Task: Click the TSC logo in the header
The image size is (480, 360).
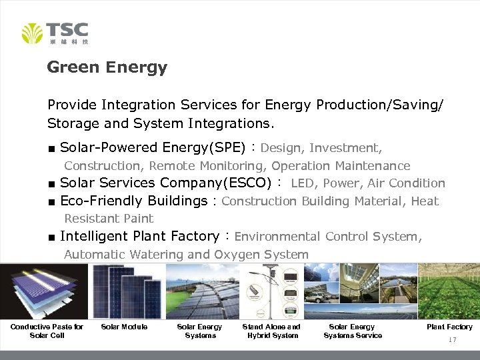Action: tap(55, 33)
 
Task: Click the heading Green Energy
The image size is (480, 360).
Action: tap(107, 67)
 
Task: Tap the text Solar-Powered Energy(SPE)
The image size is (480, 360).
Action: tap(153, 147)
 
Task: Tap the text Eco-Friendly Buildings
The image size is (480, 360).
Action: tap(133, 201)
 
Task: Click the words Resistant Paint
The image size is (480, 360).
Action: tap(109, 219)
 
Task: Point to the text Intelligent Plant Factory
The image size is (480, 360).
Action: tap(139, 236)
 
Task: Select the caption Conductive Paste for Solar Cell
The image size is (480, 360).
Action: tap(47, 331)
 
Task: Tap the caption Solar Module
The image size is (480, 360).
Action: tap(124, 327)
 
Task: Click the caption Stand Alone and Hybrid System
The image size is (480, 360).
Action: tap(271, 331)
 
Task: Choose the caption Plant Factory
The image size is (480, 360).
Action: tap(449, 327)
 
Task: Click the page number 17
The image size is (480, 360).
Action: tap(452, 340)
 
